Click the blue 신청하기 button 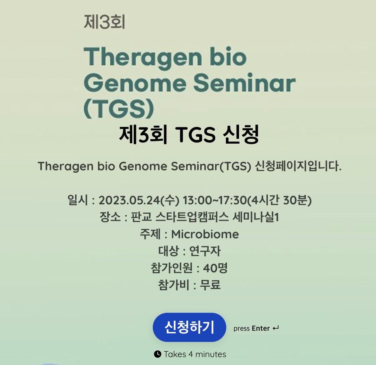coord(189,327)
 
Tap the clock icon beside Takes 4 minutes coord(157,354)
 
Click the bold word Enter coord(261,328)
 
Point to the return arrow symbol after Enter coord(275,328)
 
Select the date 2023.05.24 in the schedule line coord(129,200)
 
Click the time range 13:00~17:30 coord(214,200)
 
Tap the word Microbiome coord(205,234)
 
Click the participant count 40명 coord(215,268)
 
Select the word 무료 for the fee coord(210,285)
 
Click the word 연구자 coord(205,251)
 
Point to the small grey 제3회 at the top coord(104,22)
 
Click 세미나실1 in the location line coord(256,217)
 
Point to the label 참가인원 coord(172,268)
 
